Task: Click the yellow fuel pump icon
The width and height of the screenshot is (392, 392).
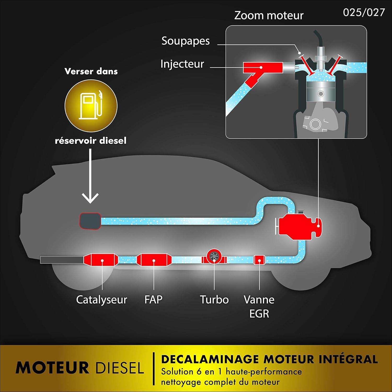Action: point(91,106)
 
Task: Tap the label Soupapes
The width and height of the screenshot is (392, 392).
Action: point(186,41)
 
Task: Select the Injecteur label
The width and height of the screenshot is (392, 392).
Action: point(182,64)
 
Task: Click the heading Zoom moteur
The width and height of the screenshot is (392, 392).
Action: point(269,15)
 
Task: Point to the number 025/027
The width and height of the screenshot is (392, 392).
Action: point(364,12)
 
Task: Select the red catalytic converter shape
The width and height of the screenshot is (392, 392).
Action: point(101,260)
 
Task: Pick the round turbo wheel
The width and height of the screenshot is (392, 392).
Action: point(214,257)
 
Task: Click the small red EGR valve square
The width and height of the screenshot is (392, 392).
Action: point(259,260)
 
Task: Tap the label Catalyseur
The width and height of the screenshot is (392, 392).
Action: point(101,299)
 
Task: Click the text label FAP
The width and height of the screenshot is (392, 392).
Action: point(153,299)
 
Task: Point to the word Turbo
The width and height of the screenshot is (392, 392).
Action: point(214,299)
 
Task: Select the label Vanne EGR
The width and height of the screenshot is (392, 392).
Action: point(259,306)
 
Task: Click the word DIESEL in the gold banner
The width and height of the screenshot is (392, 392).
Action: point(120,368)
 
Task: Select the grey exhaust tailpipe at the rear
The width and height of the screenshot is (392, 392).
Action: point(62,260)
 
